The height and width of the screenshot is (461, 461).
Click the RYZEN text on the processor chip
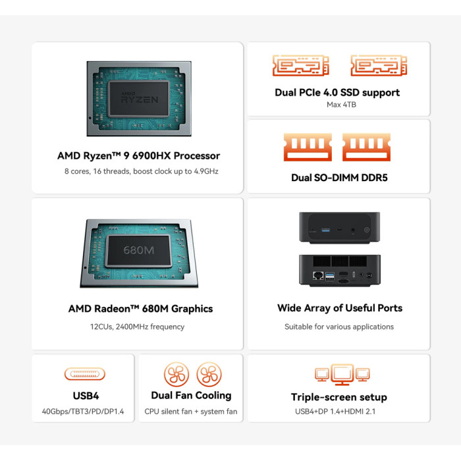[140, 99]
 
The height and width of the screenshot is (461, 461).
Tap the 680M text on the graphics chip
[138, 250]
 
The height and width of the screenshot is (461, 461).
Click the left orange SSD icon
[300, 65]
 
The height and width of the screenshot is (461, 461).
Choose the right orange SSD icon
[379, 65]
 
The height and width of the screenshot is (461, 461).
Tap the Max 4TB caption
[341, 105]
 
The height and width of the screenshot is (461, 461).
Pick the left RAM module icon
[308, 147]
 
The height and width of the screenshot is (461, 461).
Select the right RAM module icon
[366, 147]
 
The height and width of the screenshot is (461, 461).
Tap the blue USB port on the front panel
[325, 230]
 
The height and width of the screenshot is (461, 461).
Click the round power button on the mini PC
[367, 230]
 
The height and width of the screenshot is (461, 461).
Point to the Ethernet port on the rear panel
[318, 275]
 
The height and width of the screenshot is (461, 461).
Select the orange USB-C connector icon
[85, 374]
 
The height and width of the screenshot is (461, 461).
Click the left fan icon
[176, 374]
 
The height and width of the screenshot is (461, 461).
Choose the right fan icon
[209, 374]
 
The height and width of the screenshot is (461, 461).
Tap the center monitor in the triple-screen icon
[342, 374]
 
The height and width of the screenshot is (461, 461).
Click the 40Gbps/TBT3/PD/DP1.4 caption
[83, 412]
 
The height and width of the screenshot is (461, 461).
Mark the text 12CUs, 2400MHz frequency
[137, 327]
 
